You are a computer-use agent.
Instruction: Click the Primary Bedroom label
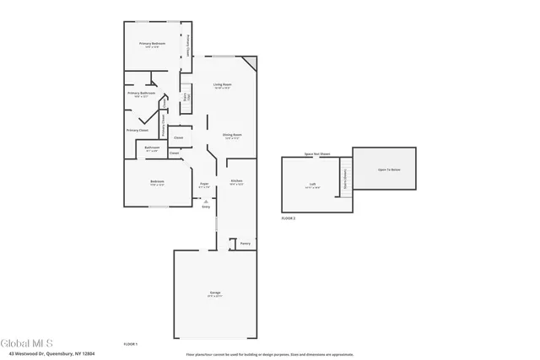tap(152, 43)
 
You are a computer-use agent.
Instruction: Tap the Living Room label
tap(222, 85)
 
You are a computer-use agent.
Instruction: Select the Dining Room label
tap(232, 135)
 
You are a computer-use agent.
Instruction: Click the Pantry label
tap(245, 244)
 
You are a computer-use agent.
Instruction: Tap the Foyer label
tap(204, 183)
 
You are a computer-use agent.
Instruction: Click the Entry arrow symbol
tap(205, 201)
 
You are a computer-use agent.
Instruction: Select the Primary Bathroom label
tap(141, 94)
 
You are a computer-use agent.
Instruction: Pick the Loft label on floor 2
tap(312, 184)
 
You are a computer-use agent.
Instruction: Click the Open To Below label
tap(388, 169)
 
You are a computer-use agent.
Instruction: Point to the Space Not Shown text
tap(317, 154)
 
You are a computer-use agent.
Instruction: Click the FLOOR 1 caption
tap(130, 344)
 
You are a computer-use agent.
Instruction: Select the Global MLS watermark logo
tap(27, 343)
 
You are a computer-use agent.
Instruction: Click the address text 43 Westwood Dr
tap(47, 353)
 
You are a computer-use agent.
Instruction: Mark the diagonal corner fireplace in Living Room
tap(249, 64)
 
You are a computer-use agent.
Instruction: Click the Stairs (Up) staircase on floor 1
tap(186, 97)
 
